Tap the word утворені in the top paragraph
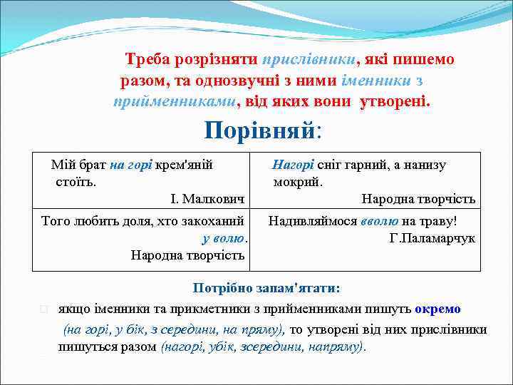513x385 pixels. [393, 101]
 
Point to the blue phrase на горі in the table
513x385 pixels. [130, 165]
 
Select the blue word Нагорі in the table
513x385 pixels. [293, 165]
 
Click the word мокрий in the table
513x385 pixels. [298, 182]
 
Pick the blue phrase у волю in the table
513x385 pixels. [224, 238]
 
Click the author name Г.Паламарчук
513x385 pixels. [432, 238]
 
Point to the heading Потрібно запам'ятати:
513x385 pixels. [266, 289]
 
